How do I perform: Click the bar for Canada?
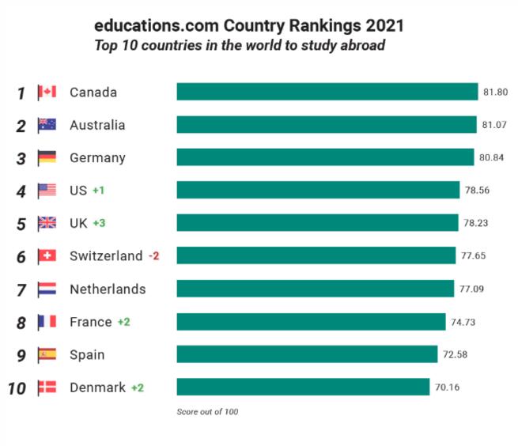[327, 92]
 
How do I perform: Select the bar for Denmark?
[303, 387]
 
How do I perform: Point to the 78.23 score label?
[476, 223]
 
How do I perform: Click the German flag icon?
[47, 157]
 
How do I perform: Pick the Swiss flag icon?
[47, 255]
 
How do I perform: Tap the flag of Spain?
[47, 354]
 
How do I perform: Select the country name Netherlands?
[108, 289]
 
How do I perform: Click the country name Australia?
[97, 125]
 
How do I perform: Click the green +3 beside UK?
[99, 223]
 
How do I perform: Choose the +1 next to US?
[98, 191]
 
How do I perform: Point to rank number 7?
[21, 289]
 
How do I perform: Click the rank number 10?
[17, 387]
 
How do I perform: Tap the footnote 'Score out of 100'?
[207, 411]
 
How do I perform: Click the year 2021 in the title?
[383, 25]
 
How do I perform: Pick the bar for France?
[311, 321]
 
